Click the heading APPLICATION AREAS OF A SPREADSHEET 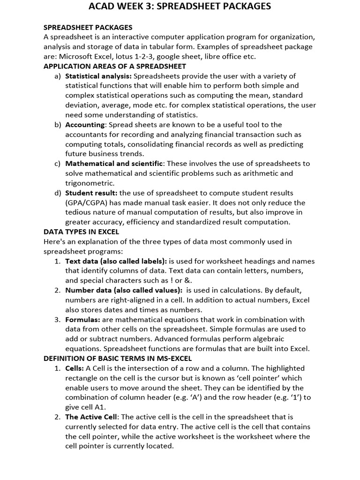coord(115,66)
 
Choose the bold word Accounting coord(85,125)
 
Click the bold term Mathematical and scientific coord(114,164)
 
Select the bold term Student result coord(91,193)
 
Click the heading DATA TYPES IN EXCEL coord(81,232)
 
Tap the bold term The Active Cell coord(92,417)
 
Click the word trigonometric coord(90,183)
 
